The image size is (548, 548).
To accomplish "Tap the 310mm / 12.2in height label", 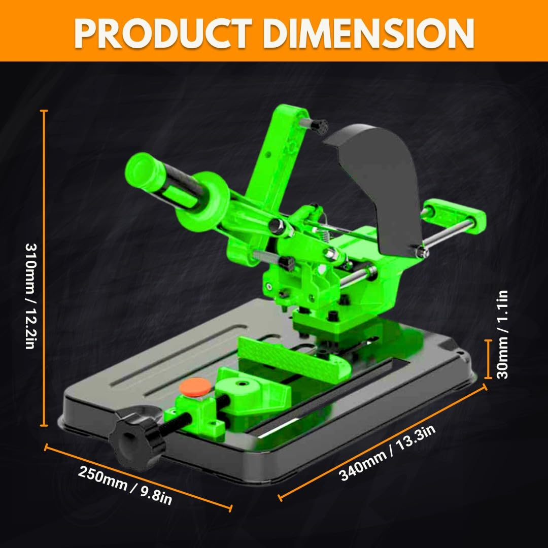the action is [31, 296].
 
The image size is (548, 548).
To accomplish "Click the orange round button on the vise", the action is [195, 387].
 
